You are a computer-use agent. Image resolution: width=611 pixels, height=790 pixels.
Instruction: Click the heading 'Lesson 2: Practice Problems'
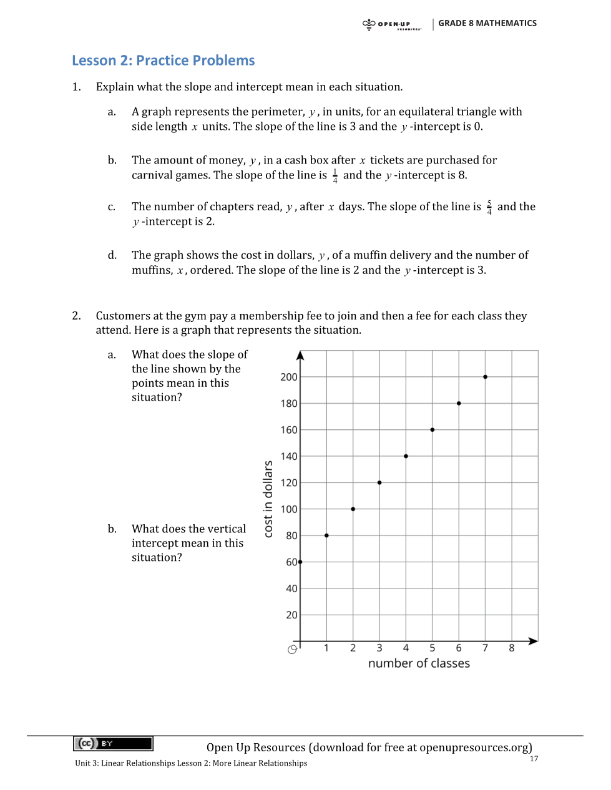click(163, 61)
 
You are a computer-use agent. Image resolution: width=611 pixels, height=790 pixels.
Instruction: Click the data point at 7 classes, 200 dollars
click(485, 377)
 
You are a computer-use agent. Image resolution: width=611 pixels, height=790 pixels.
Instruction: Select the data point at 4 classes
click(406, 456)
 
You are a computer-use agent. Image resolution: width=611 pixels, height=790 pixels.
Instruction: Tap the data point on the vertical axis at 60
click(300, 562)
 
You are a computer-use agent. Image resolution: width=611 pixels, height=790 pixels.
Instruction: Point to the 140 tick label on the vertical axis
click(289, 456)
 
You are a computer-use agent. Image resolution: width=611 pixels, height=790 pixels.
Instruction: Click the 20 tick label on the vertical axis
click(291, 615)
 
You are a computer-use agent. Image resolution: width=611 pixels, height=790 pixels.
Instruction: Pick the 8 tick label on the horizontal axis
click(512, 648)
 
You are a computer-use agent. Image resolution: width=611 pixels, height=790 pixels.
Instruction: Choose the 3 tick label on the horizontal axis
click(379, 648)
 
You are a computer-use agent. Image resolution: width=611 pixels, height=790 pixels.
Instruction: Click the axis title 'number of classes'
click(419, 663)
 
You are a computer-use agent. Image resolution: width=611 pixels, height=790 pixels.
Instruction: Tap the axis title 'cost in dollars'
click(268, 499)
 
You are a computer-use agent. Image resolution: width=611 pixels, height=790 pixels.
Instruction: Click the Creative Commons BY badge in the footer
click(113, 743)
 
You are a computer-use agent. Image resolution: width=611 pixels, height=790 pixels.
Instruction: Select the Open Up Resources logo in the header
click(391, 24)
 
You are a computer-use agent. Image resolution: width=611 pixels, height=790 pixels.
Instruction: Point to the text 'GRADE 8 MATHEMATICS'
click(487, 23)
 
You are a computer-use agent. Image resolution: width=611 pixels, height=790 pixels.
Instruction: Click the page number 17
click(534, 759)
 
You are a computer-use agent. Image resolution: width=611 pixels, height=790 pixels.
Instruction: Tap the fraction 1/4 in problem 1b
click(335, 176)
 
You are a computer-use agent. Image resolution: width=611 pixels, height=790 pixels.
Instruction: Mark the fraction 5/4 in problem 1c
click(489, 207)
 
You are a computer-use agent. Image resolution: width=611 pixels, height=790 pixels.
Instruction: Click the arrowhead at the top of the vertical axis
click(300, 356)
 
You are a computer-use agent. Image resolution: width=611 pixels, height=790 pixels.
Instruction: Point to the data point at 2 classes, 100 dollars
click(353, 509)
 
